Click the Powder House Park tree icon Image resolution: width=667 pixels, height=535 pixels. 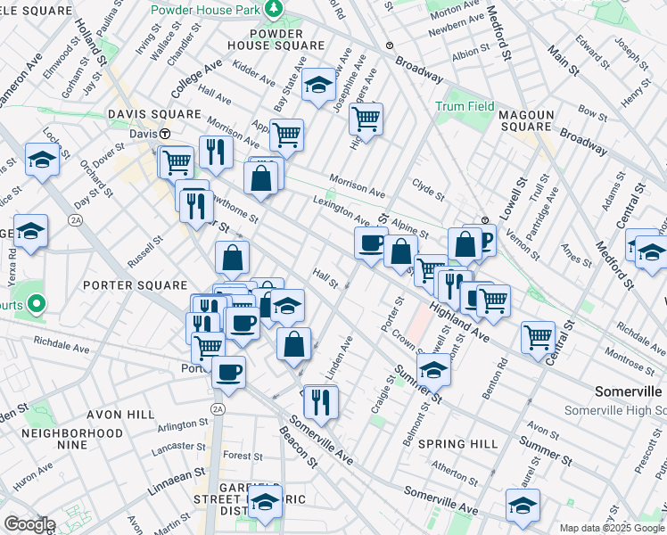[x=276, y=10]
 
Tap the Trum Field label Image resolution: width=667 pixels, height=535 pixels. [x=465, y=106]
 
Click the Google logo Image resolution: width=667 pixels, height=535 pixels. [x=29, y=524]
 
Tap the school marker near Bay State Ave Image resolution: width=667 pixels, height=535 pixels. [x=318, y=85]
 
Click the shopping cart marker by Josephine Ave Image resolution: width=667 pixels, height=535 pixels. [x=366, y=118]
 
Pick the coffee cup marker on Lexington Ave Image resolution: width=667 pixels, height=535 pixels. [x=371, y=243]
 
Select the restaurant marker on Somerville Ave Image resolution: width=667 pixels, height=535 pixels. [x=321, y=401]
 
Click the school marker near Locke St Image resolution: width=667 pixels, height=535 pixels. [x=42, y=160]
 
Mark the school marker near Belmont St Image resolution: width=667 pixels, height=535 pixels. [x=433, y=369]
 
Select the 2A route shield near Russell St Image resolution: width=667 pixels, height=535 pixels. [x=77, y=219]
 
